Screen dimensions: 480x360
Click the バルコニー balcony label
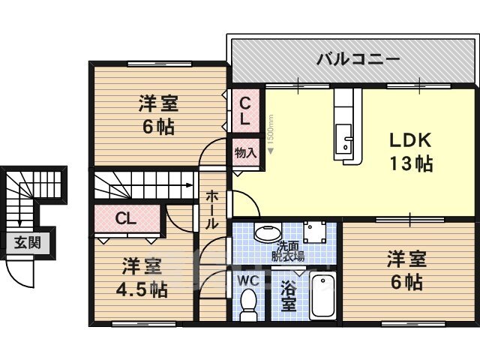pos(358,59)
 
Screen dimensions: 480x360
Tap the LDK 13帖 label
pos(410,151)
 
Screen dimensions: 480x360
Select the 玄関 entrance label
pos(28,243)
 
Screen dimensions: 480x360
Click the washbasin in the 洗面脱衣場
pos(268,232)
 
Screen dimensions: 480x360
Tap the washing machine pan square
pos(314,232)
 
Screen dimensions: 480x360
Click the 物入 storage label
pos(245,153)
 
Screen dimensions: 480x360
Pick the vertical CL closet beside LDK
pos(246,111)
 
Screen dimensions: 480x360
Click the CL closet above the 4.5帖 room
pos(127,219)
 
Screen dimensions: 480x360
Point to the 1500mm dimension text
pos(270,132)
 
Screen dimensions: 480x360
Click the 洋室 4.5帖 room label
pos(142,277)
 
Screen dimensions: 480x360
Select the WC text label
pos(248,280)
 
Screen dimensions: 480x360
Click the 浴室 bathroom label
pos(288,297)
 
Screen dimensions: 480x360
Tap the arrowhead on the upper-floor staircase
pos(190,185)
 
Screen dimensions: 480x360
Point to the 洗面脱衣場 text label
pos(288,252)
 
